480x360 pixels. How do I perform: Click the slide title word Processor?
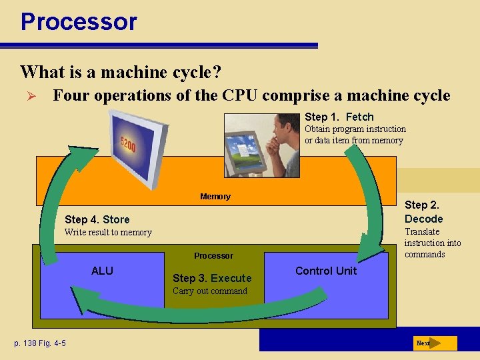pyautogui.click(x=79, y=21)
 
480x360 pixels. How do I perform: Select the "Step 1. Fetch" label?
pyautogui.click(x=339, y=117)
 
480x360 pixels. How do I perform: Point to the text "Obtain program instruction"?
pyautogui.click(x=355, y=129)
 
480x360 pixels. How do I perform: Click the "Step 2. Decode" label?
pyautogui.click(x=423, y=212)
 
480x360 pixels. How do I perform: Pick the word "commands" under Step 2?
pyautogui.click(x=425, y=254)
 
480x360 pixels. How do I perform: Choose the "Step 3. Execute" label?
pyautogui.click(x=212, y=278)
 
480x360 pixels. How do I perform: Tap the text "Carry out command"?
pyautogui.click(x=209, y=291)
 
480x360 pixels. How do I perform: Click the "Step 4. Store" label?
pyautogui.click(x=97, y=219)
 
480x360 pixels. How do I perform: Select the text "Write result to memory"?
pyautogui.click(x=108, y=232)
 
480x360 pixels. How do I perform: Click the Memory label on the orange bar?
pyautogui.click(x=215, y=196)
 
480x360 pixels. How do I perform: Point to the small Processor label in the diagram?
pyautogui.click(x=213, y=255)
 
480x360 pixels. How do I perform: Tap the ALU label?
pyautogui.click(x=102, y=271)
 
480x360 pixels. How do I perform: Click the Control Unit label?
pyautogui.click(x=326, y=271)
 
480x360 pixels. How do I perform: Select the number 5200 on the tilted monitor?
pyautogui.click(x=128, y=144)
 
